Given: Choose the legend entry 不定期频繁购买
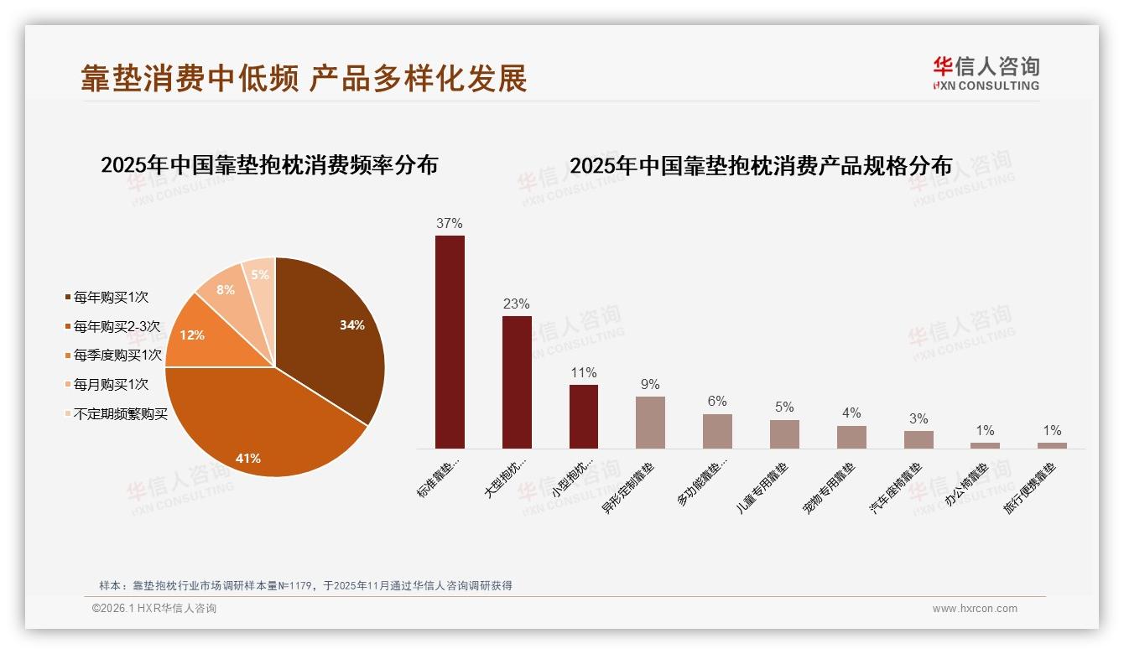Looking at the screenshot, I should point(120,414).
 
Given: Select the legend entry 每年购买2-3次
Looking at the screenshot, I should point(117,326).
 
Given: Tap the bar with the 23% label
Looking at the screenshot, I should point(517,381).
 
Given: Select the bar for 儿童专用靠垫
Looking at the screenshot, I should point(784,433).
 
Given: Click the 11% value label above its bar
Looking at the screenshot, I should point(584,373).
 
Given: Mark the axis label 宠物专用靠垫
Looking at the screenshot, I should point(830,488).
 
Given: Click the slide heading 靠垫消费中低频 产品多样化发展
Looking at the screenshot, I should point(304,78).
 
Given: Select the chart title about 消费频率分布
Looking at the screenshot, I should point(269,165).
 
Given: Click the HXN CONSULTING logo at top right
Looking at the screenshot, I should point(986,74).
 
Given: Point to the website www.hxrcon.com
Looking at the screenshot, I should point(975,609).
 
